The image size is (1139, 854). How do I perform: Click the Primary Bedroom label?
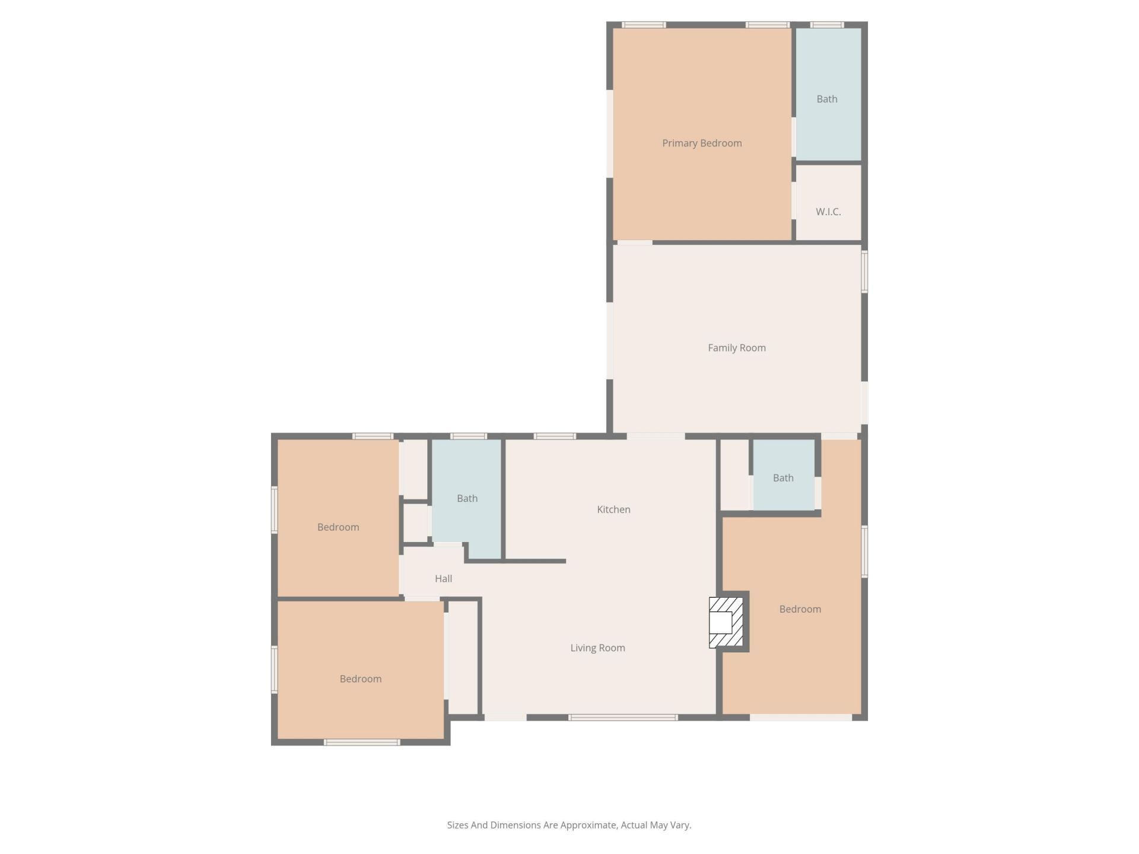point(702,143)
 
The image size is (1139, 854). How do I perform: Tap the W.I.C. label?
point(828,212)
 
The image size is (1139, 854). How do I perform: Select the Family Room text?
point(737,348)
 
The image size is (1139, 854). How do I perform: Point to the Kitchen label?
point(613,509)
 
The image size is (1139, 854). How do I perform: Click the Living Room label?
point(597,648)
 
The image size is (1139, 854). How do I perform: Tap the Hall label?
point(443,579)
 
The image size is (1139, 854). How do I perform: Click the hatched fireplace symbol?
point(726,622)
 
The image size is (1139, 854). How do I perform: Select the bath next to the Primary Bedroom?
point(827,99)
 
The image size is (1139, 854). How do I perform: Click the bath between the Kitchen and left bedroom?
point(467,499)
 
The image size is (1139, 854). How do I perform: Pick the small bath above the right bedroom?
point(783,478)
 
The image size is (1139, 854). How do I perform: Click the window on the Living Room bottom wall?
point(623,718)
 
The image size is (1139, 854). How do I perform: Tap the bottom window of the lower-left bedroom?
point(362,742)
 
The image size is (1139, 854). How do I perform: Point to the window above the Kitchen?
point(555,436)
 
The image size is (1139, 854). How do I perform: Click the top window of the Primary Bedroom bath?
point(827,25)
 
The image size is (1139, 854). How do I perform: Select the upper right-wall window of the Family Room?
point(864,272)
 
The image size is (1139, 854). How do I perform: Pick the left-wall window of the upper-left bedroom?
point(275,509)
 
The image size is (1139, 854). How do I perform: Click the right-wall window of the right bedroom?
point(864,552)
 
